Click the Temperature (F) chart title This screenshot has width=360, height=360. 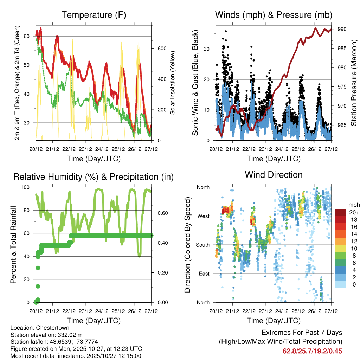(x=94, y=15)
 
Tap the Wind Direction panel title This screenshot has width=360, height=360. (x=274, y=174)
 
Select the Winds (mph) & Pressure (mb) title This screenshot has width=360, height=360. (x=274, y=15)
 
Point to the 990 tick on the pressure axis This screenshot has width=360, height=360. (x=342, y=29)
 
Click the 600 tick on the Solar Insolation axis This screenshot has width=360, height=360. (x=162, y=49)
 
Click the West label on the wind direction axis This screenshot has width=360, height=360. (x=203, y=216)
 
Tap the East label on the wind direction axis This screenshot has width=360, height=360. (x=204, y=274)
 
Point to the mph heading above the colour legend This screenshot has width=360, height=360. (x=353, y=205)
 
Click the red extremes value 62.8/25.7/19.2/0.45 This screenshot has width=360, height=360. (x=312, y=351)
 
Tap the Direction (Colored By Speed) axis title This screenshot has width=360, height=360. (x=187, y=245)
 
